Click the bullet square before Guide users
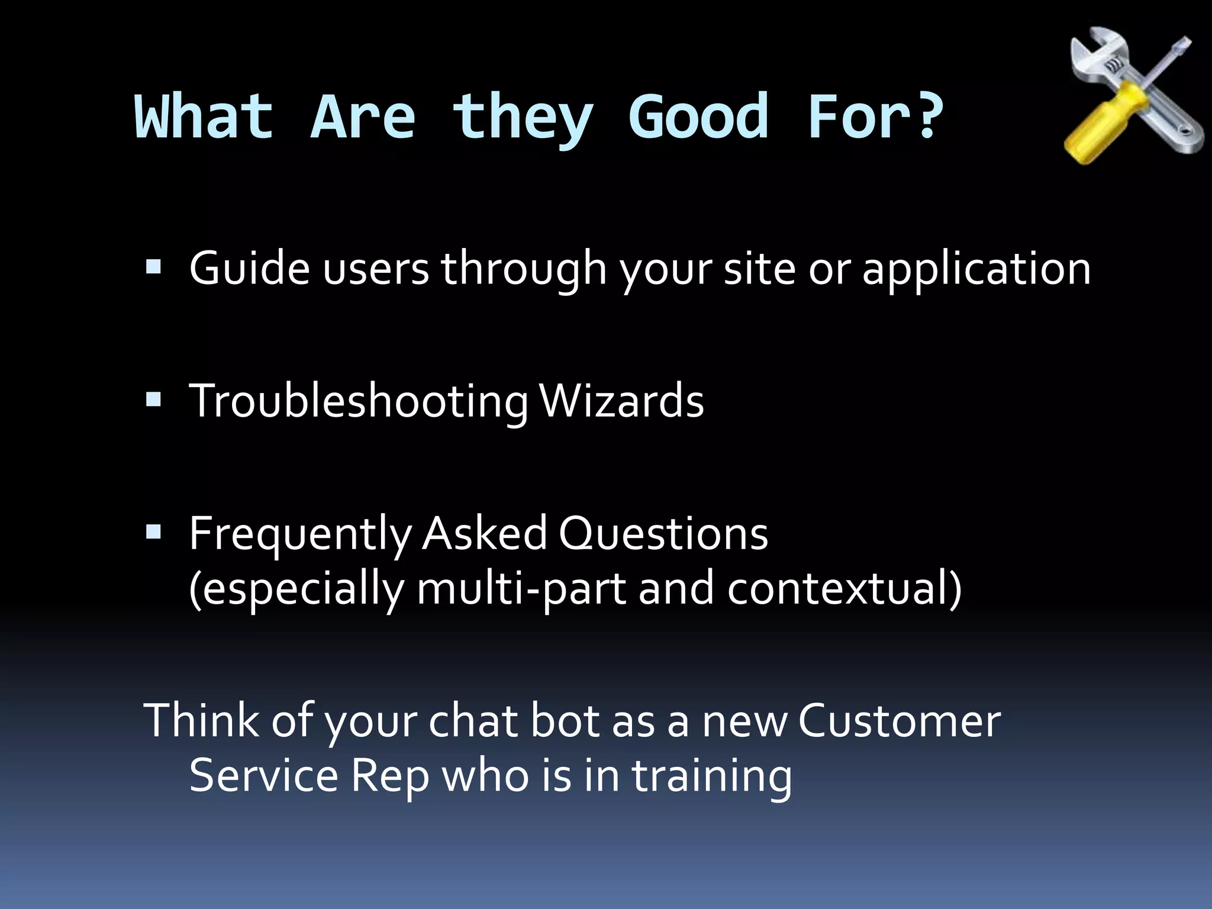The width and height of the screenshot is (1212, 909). (153, 267)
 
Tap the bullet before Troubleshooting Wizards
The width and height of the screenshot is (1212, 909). (153, 401)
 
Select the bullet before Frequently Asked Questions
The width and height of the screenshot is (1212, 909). (153, 533)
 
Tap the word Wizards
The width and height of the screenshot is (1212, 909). (621, 401)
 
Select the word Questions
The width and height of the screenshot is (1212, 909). (663, 534)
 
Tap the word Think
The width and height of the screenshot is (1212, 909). (201, 720)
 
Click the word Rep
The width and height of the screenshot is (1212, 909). (390, 778)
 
